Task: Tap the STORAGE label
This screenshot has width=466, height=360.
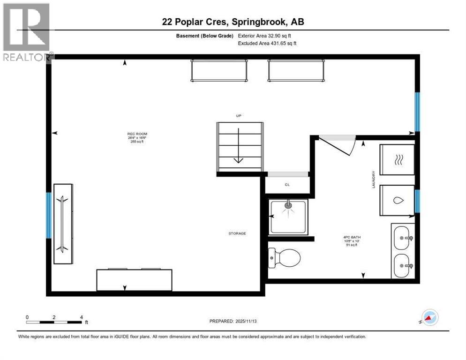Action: tap(237, 233)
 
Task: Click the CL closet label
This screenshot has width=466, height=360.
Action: tap(287, 185)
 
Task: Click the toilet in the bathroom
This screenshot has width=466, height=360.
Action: tap(284, 257)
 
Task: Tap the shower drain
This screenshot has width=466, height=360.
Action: tap(288, 205)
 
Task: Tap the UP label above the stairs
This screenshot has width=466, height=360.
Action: tap(239, 115)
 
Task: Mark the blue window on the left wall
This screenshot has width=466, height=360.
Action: tap(48, 215)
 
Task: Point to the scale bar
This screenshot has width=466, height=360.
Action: tap(55, 322)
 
